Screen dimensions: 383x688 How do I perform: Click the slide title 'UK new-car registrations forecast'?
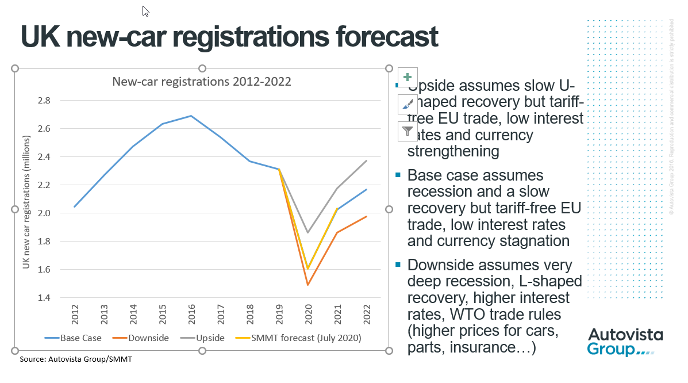click(x=229, y=36)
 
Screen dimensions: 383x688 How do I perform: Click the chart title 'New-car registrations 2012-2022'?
click(x=202, y=82)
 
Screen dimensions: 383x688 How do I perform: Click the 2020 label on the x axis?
click(x=308, y=313)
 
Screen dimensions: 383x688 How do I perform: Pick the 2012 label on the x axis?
click(x=74, y=313)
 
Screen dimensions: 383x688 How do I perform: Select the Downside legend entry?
click(x=144, y=338)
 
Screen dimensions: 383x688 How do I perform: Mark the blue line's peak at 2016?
click(x=191, y=116)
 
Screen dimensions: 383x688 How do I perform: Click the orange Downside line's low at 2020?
click(x=308, y=285)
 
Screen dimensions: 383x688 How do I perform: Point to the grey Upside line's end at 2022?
click(x=367, y=161)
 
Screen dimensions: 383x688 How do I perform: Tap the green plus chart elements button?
click(x=408, y=77)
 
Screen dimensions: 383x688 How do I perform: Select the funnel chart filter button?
click(x=408, y=131)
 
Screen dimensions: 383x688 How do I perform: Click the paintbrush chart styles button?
click(x=408, y=104)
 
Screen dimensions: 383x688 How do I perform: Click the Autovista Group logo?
click(x=624, y=343)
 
